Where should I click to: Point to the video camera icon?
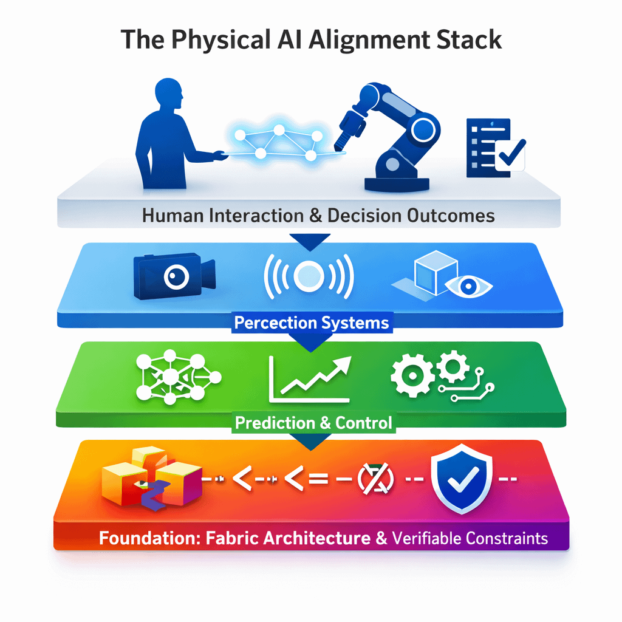173,276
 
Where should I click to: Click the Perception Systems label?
311,322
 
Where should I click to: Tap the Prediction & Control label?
313,423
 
